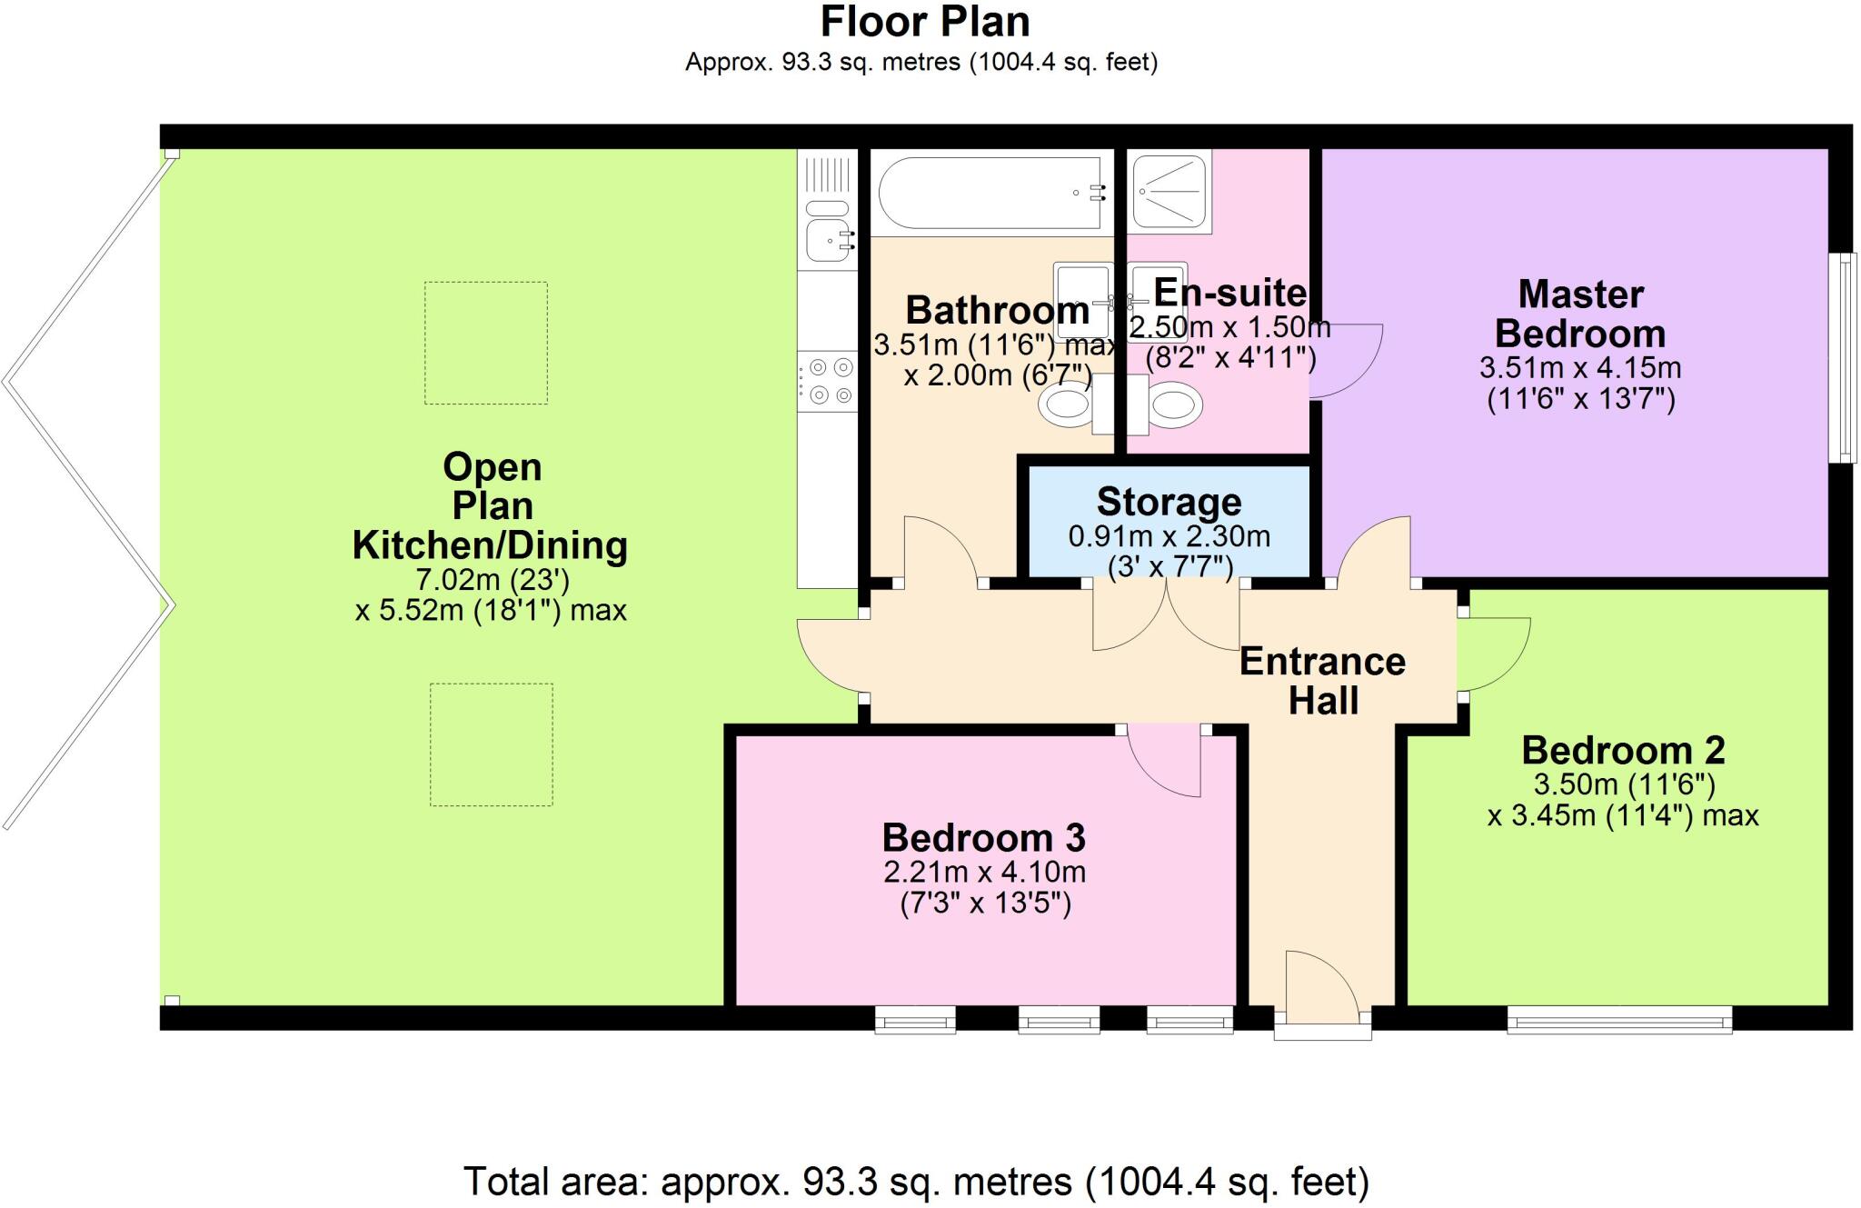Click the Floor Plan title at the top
coord(924,22)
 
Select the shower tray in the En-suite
coord(1169,193)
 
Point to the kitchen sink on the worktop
coord(828,239)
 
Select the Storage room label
coord(1169,502)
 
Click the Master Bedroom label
coord(1580,314)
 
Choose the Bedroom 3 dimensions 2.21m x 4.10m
coord(984,872)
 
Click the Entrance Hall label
coord(1322,680)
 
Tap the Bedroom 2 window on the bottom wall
coord(1619,1020)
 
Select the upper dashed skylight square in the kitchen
coord(486,343)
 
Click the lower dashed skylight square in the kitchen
coord(491,744)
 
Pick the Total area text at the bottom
coord(916,1181)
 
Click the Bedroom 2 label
coord(1623,750)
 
